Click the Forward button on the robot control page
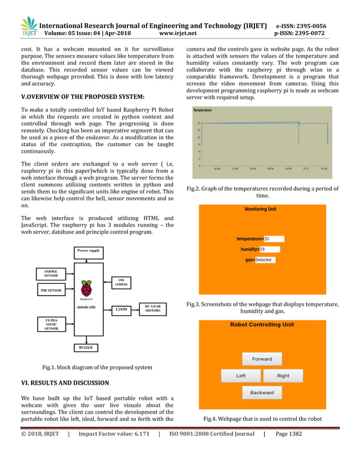click(262, 359)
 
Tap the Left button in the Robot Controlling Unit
click(241, 376)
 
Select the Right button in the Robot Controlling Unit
click(283, 376)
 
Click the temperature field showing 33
click(274, 239)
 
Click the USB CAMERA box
click(121, 282)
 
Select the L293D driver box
click(121, 309)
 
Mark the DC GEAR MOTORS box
click(152, 309)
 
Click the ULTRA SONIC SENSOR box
click(51, 324)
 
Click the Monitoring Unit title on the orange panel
click(260, 209)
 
